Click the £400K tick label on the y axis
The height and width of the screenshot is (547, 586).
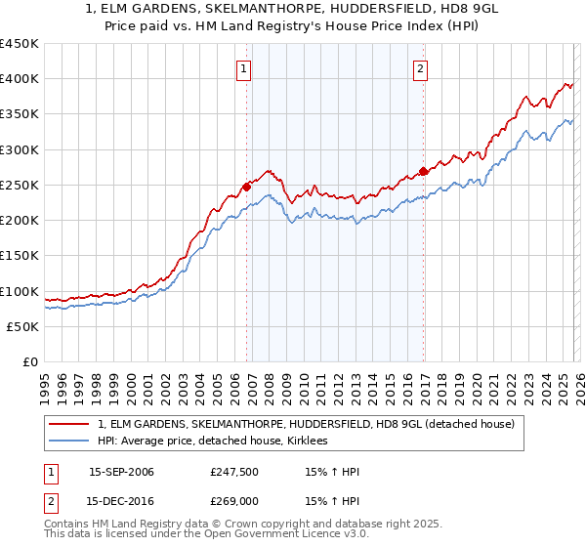20,79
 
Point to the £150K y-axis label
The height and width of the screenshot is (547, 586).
20,256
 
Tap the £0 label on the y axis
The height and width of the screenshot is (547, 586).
29,362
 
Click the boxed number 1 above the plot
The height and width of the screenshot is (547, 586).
243,68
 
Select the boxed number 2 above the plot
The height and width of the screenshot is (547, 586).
420,68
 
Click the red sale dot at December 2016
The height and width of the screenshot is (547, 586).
423,172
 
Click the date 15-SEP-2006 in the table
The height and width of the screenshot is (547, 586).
121,472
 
